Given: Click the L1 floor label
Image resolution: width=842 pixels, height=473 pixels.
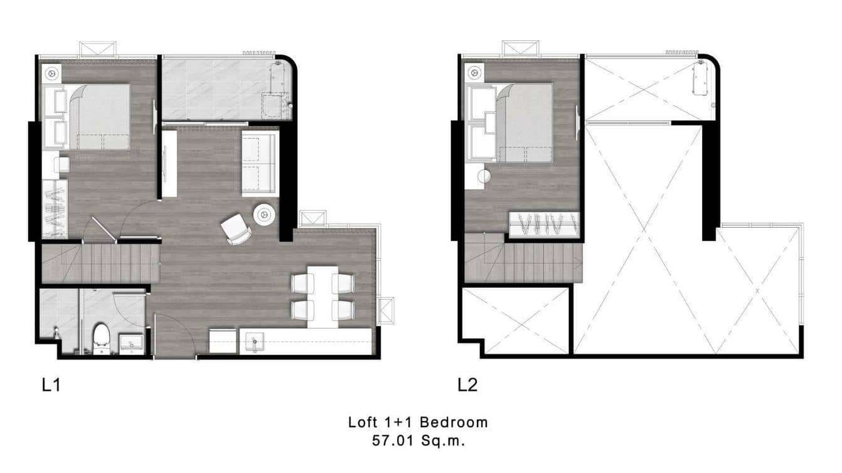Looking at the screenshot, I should click(x=51, y=385).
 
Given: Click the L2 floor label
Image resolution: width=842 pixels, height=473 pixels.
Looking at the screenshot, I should click(x=467, y=385).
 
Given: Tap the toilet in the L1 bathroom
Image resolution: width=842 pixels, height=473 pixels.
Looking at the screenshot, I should click(x=101, y=339).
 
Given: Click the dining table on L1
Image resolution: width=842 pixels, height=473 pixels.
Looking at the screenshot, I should click(x=322, y=297).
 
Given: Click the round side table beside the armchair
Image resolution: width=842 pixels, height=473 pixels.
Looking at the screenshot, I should click(x=264, y=215).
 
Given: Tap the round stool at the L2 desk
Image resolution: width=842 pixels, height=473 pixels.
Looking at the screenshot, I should click(x=484, y=176).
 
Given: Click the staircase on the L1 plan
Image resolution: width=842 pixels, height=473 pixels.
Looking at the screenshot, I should click(x=100, y=264).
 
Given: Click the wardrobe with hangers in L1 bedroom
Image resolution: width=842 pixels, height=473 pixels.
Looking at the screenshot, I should click(x=55, y=208).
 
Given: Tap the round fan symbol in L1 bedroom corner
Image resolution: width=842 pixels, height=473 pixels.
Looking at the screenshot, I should click(x=51, y=73).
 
